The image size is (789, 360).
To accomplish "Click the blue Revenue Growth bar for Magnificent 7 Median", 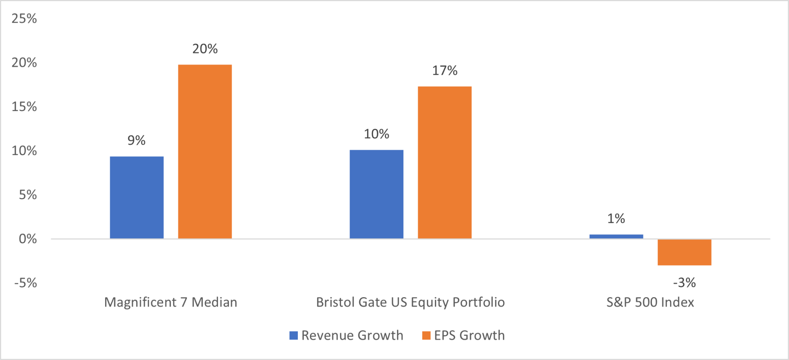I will pos(136,197).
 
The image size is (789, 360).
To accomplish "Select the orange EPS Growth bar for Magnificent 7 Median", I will pos(205,151).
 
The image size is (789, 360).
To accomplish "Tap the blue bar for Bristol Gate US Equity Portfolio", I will pos(376,194).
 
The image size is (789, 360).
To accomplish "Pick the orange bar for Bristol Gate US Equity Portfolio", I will pos(445,162).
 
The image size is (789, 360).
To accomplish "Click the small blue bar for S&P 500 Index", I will pos(616,236).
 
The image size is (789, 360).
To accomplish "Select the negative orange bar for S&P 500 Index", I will pos(684,252).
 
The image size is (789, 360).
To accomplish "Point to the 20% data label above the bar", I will pos(205,49).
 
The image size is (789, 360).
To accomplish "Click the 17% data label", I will pos(445,71).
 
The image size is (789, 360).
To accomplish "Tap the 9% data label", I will pos(136,140).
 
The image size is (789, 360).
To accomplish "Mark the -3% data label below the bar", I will pos(684,283).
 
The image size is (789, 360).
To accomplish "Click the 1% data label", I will pos(616,219).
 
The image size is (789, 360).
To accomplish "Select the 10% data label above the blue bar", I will pos(376,134).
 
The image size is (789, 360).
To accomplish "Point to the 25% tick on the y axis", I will pos(24,19).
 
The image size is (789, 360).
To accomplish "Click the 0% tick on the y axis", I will pos(28,239).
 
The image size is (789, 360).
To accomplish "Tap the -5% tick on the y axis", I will pos(25,283).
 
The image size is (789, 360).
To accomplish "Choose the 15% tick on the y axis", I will pos(24,107).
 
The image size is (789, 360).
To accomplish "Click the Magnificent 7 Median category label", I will pos(171,302).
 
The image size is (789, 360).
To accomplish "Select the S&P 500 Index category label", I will pos(650,302).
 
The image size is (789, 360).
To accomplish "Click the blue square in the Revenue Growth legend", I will pos(294,335).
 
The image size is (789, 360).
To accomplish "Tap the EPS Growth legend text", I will pos(469,335).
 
